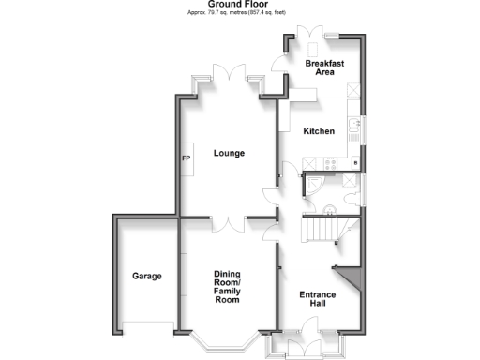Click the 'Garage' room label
tap(146, 276)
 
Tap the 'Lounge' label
tap(229, 153)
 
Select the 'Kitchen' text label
tap(319, 132)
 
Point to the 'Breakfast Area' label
tap(325, 67)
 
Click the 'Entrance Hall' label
tap(318, 300)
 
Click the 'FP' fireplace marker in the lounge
tap(185, 157)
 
